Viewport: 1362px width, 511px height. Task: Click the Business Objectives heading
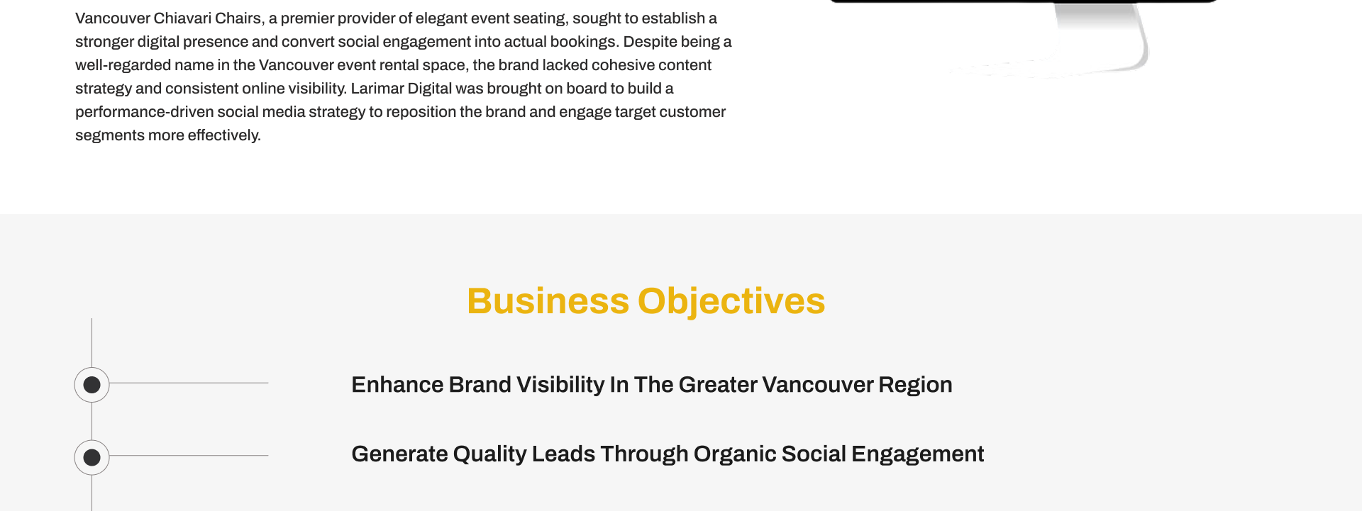[646, 301]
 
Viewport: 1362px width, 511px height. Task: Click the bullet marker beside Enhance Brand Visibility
[92, 385]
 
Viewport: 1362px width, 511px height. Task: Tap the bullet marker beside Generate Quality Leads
[92, 457]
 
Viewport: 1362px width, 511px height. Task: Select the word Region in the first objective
[915, 385]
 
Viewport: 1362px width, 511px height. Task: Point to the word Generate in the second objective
[399, 454]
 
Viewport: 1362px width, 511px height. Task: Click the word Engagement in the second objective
[918, 454]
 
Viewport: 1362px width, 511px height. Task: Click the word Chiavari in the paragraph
[182, 18]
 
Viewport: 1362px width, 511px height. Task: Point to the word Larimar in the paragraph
[377, 89]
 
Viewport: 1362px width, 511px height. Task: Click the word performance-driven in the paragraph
[145, 112]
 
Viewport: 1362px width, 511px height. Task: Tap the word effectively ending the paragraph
[224, 135]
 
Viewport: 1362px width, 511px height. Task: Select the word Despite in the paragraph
[648, 42]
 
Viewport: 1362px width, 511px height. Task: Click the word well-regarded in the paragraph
[123, 65]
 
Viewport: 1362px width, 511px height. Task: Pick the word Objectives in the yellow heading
[731, 302]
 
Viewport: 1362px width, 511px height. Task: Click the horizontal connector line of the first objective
[189, 383]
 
